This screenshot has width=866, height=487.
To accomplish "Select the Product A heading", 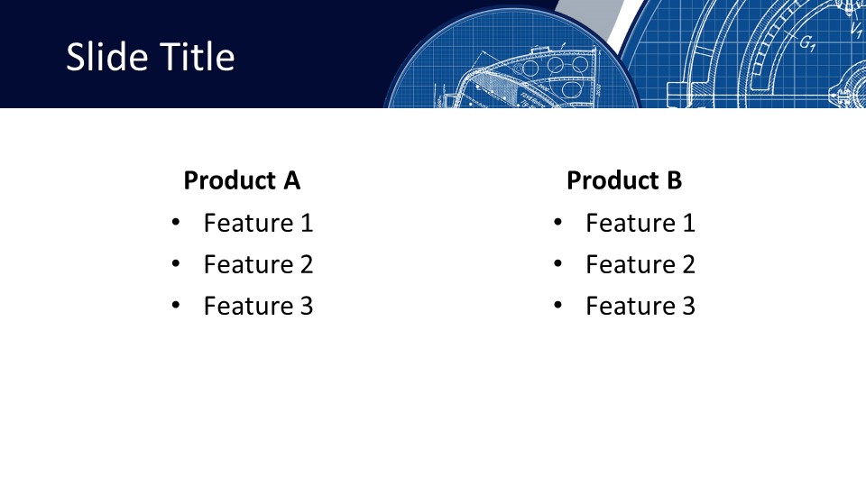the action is coord(242,180).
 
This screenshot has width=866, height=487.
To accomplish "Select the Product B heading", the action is coord(624,180).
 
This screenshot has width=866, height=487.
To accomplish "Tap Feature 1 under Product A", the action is coord(259,223).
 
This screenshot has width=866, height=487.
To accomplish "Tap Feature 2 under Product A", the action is coord(259,264).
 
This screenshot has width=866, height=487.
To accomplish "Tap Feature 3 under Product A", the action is coord(259,306).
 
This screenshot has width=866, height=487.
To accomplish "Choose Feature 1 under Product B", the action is coord(640,223).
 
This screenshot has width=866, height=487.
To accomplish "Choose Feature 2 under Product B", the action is coord(640,264).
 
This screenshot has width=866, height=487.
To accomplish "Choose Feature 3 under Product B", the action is coord(640,306).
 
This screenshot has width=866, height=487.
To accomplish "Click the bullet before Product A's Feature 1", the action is coord(176,223).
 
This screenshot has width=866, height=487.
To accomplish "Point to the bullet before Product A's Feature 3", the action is coord(176,306).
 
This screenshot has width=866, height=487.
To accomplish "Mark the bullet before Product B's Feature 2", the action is coord(557,264).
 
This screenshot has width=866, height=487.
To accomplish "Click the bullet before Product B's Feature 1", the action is coord(557,223).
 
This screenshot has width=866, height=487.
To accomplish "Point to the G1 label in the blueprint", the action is coord(807,43).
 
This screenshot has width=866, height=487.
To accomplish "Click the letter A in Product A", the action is coord(291,180).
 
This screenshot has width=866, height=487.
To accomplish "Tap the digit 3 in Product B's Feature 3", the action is coord(688,306).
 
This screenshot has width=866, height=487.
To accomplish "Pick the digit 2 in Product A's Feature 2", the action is coord(307,264).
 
